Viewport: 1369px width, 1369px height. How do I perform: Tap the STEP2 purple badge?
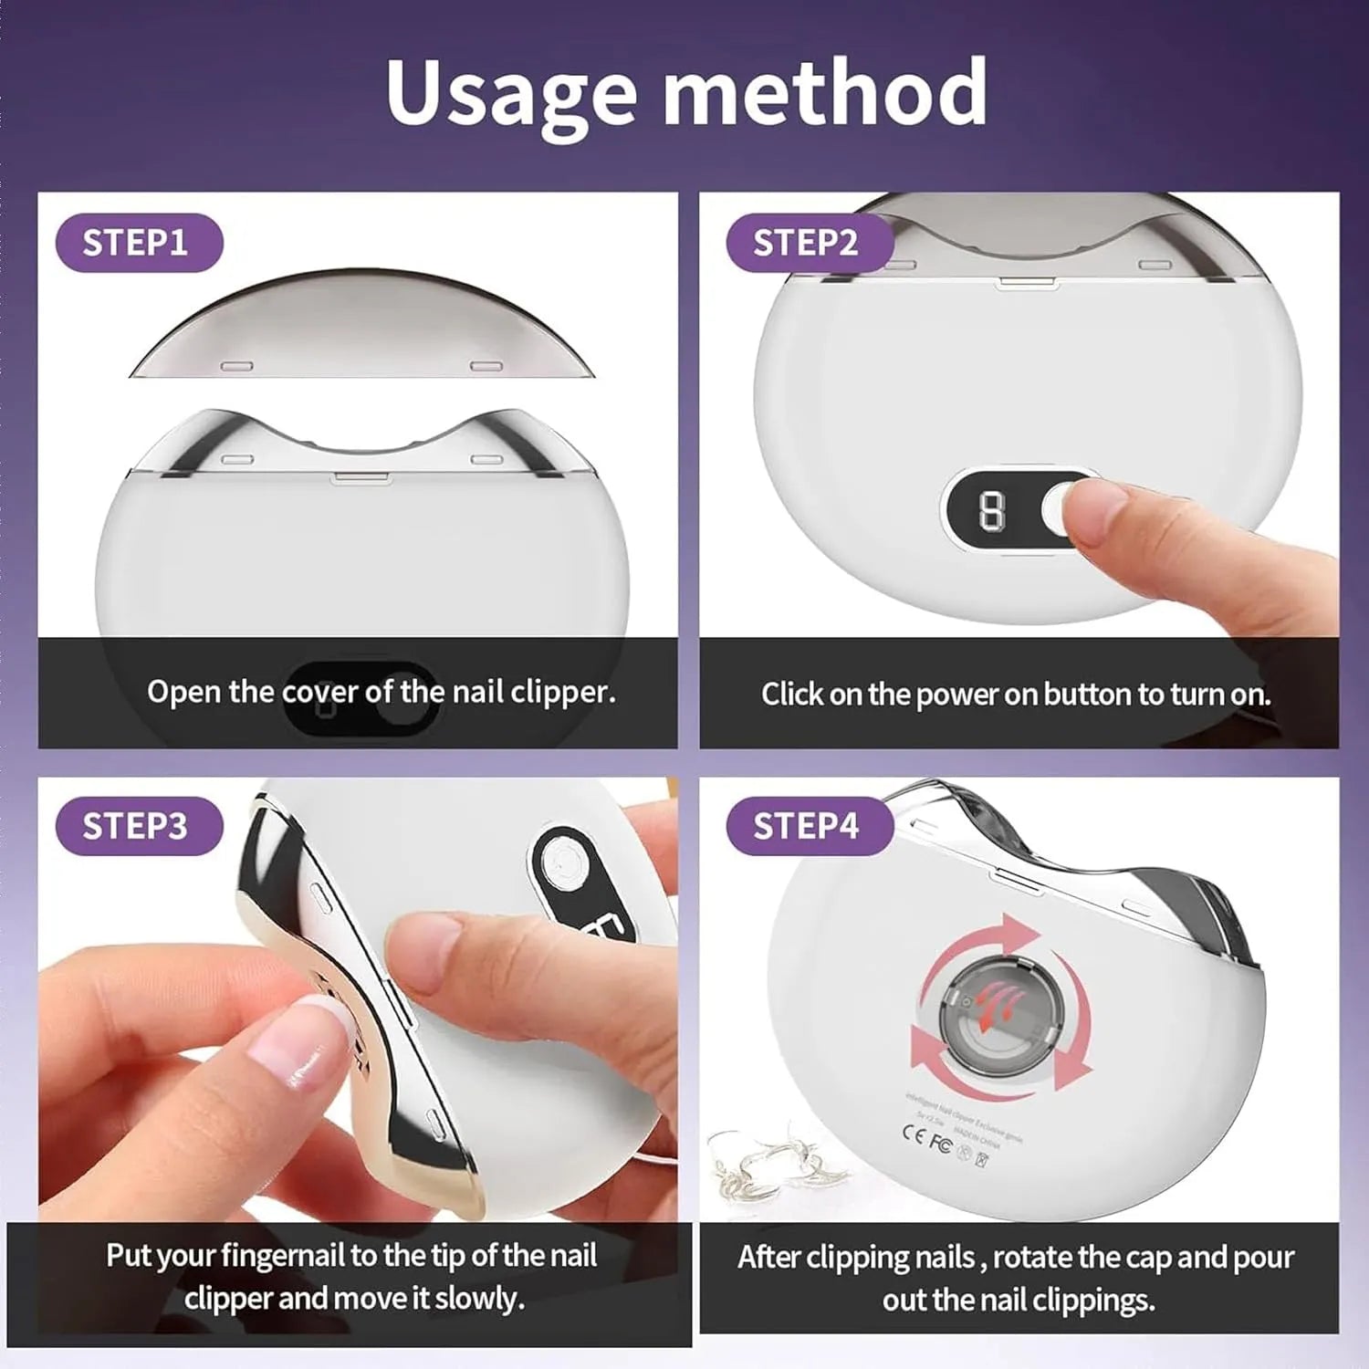coord(808,243)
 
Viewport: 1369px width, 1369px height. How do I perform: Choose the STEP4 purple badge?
coord(808,826)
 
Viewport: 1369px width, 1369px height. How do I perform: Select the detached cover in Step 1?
coord(362,329)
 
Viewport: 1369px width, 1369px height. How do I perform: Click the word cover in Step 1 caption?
coord(320,692)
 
